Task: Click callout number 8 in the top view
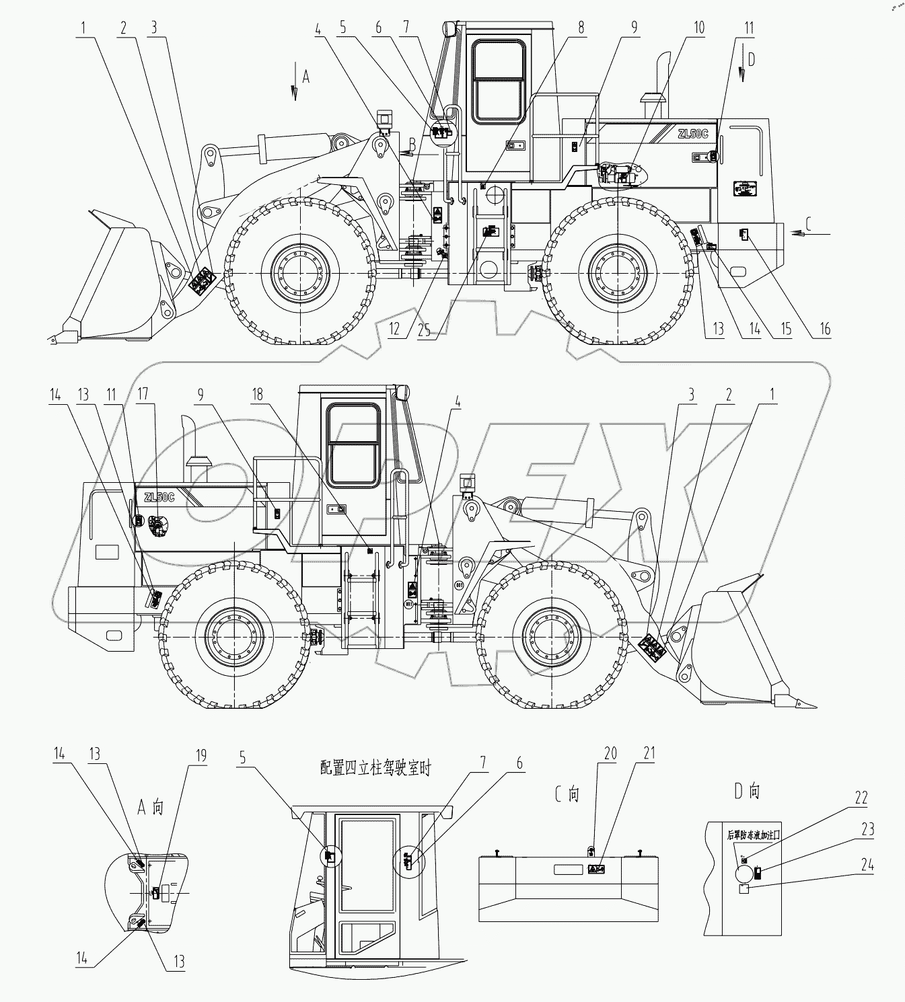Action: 580,28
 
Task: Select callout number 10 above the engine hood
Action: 699,28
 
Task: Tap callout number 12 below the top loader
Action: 395,329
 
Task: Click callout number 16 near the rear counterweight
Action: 825,329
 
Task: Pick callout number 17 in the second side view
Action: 142,395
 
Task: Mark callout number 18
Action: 257,395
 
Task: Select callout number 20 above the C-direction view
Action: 610,754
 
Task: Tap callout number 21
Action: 649,754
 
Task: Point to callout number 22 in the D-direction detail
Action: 861,798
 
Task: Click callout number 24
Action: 868,865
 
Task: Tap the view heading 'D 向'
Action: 747,792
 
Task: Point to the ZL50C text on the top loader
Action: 692,134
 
